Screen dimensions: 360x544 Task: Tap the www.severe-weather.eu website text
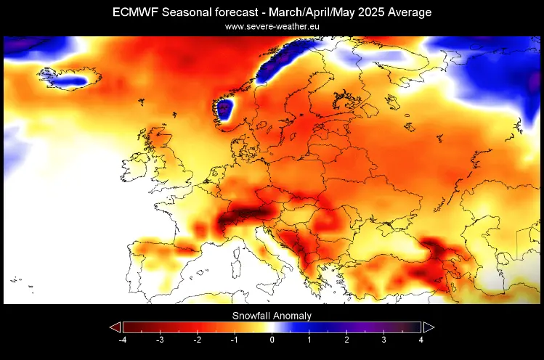[x=272, y=26]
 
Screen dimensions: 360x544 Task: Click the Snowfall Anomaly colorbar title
[x=272, y=316]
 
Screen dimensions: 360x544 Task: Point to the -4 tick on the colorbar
[x=123, y=340]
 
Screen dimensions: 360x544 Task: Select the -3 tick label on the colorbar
[x=160, y=340]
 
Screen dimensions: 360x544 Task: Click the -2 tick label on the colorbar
[x=197, y=340]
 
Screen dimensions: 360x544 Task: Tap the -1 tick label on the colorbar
[x=234, y=340]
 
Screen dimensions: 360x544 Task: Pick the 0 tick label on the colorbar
[x=272, y=340]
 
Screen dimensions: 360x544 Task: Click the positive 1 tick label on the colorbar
[x=309, y=340]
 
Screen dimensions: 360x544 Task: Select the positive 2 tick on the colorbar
[x=346, y=340]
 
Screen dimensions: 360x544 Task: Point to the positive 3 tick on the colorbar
[x=383, y=340]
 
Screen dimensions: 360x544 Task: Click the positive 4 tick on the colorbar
[x=421, y=340]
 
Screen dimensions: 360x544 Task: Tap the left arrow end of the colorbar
[x=115, y=327]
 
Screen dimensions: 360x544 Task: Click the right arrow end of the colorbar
[x=429, y=327]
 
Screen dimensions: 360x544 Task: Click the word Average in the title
[x=409, y=12]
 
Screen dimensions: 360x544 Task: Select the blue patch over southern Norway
[x=224, y=110]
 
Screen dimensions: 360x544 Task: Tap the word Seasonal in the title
[x=191, y=12]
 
